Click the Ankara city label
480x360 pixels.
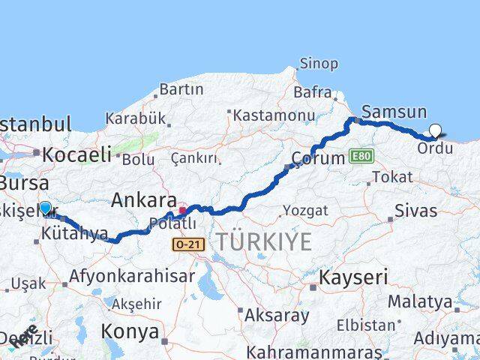144,200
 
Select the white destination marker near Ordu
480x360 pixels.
435,131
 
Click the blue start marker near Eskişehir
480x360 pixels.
46,208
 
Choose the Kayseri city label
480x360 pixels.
354,277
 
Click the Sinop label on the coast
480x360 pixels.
319,64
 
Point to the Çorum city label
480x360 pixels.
317,159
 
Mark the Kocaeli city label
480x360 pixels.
76,155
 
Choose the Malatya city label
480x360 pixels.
420,301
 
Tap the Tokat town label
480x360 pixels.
391,177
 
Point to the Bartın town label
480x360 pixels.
181,89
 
